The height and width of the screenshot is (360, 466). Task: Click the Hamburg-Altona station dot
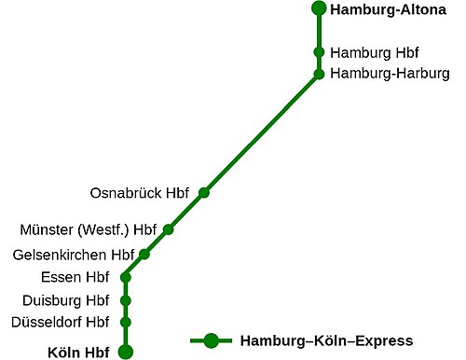(318, 9)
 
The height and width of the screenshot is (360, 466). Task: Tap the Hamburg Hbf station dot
(319, 52)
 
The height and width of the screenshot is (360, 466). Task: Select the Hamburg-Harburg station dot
(319, 74)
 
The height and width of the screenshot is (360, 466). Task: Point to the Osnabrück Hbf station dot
(204, 193)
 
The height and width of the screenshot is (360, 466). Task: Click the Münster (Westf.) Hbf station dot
(169, 229)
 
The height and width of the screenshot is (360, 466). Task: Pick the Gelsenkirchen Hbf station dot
(144, 254)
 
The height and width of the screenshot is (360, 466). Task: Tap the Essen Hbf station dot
(126, 277)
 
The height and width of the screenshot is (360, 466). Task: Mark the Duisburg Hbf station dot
(126, 300)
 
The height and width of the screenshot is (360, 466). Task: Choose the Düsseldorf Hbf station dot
(126, 323)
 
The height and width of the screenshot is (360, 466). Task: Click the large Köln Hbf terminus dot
(125, 352)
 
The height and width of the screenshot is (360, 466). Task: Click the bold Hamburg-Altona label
(381, 11)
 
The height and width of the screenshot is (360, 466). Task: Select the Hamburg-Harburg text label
(390, 74)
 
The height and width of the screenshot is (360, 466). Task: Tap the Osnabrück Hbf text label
(140, 194)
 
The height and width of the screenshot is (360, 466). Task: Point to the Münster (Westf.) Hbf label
(89, 229)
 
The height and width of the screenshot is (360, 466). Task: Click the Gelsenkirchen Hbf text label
(74, 254)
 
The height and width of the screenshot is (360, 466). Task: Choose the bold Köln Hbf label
(78, 353)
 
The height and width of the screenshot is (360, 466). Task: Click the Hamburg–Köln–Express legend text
(326, 341)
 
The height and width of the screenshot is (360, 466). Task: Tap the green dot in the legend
(212, 341)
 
